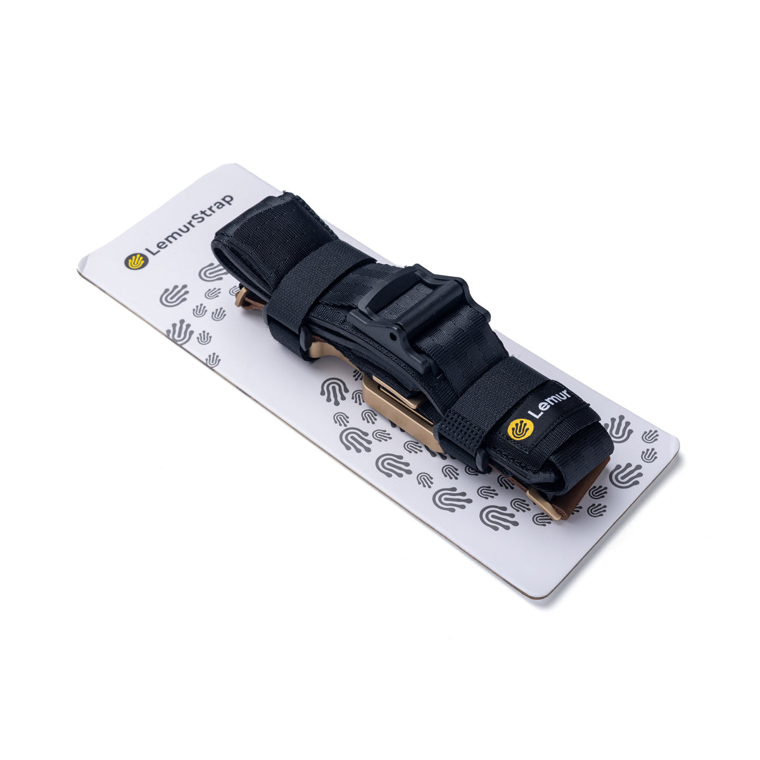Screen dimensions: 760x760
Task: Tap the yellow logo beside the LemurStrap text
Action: click(x=136, y=261)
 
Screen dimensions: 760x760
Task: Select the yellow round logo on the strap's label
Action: click(x=520, y=429)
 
